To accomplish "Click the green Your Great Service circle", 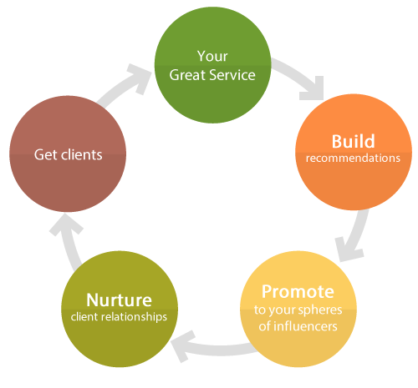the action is pos(212,65).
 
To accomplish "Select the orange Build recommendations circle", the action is pos(354,152).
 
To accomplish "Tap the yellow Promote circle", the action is pos(298,309).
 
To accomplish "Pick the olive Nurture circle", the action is pos(120,309).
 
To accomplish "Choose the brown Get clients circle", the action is pos(68,154).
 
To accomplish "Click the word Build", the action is pos(353,141).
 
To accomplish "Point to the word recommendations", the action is pos(353,158).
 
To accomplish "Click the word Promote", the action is pos(298,291).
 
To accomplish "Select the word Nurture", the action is pos(119,300).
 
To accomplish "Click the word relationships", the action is pos(135,317).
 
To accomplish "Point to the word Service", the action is pos(232,75).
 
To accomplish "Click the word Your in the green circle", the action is pos(212,56).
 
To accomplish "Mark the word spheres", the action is pos(320,310).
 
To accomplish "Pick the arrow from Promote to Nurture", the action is pos(215,349).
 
